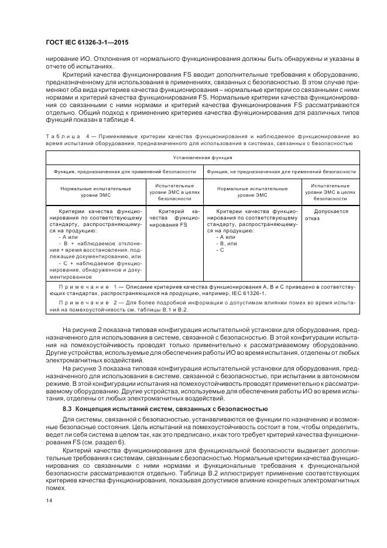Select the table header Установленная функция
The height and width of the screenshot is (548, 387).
(x=203, y=157)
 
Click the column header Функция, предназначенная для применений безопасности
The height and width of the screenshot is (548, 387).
(x=125, y=172)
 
